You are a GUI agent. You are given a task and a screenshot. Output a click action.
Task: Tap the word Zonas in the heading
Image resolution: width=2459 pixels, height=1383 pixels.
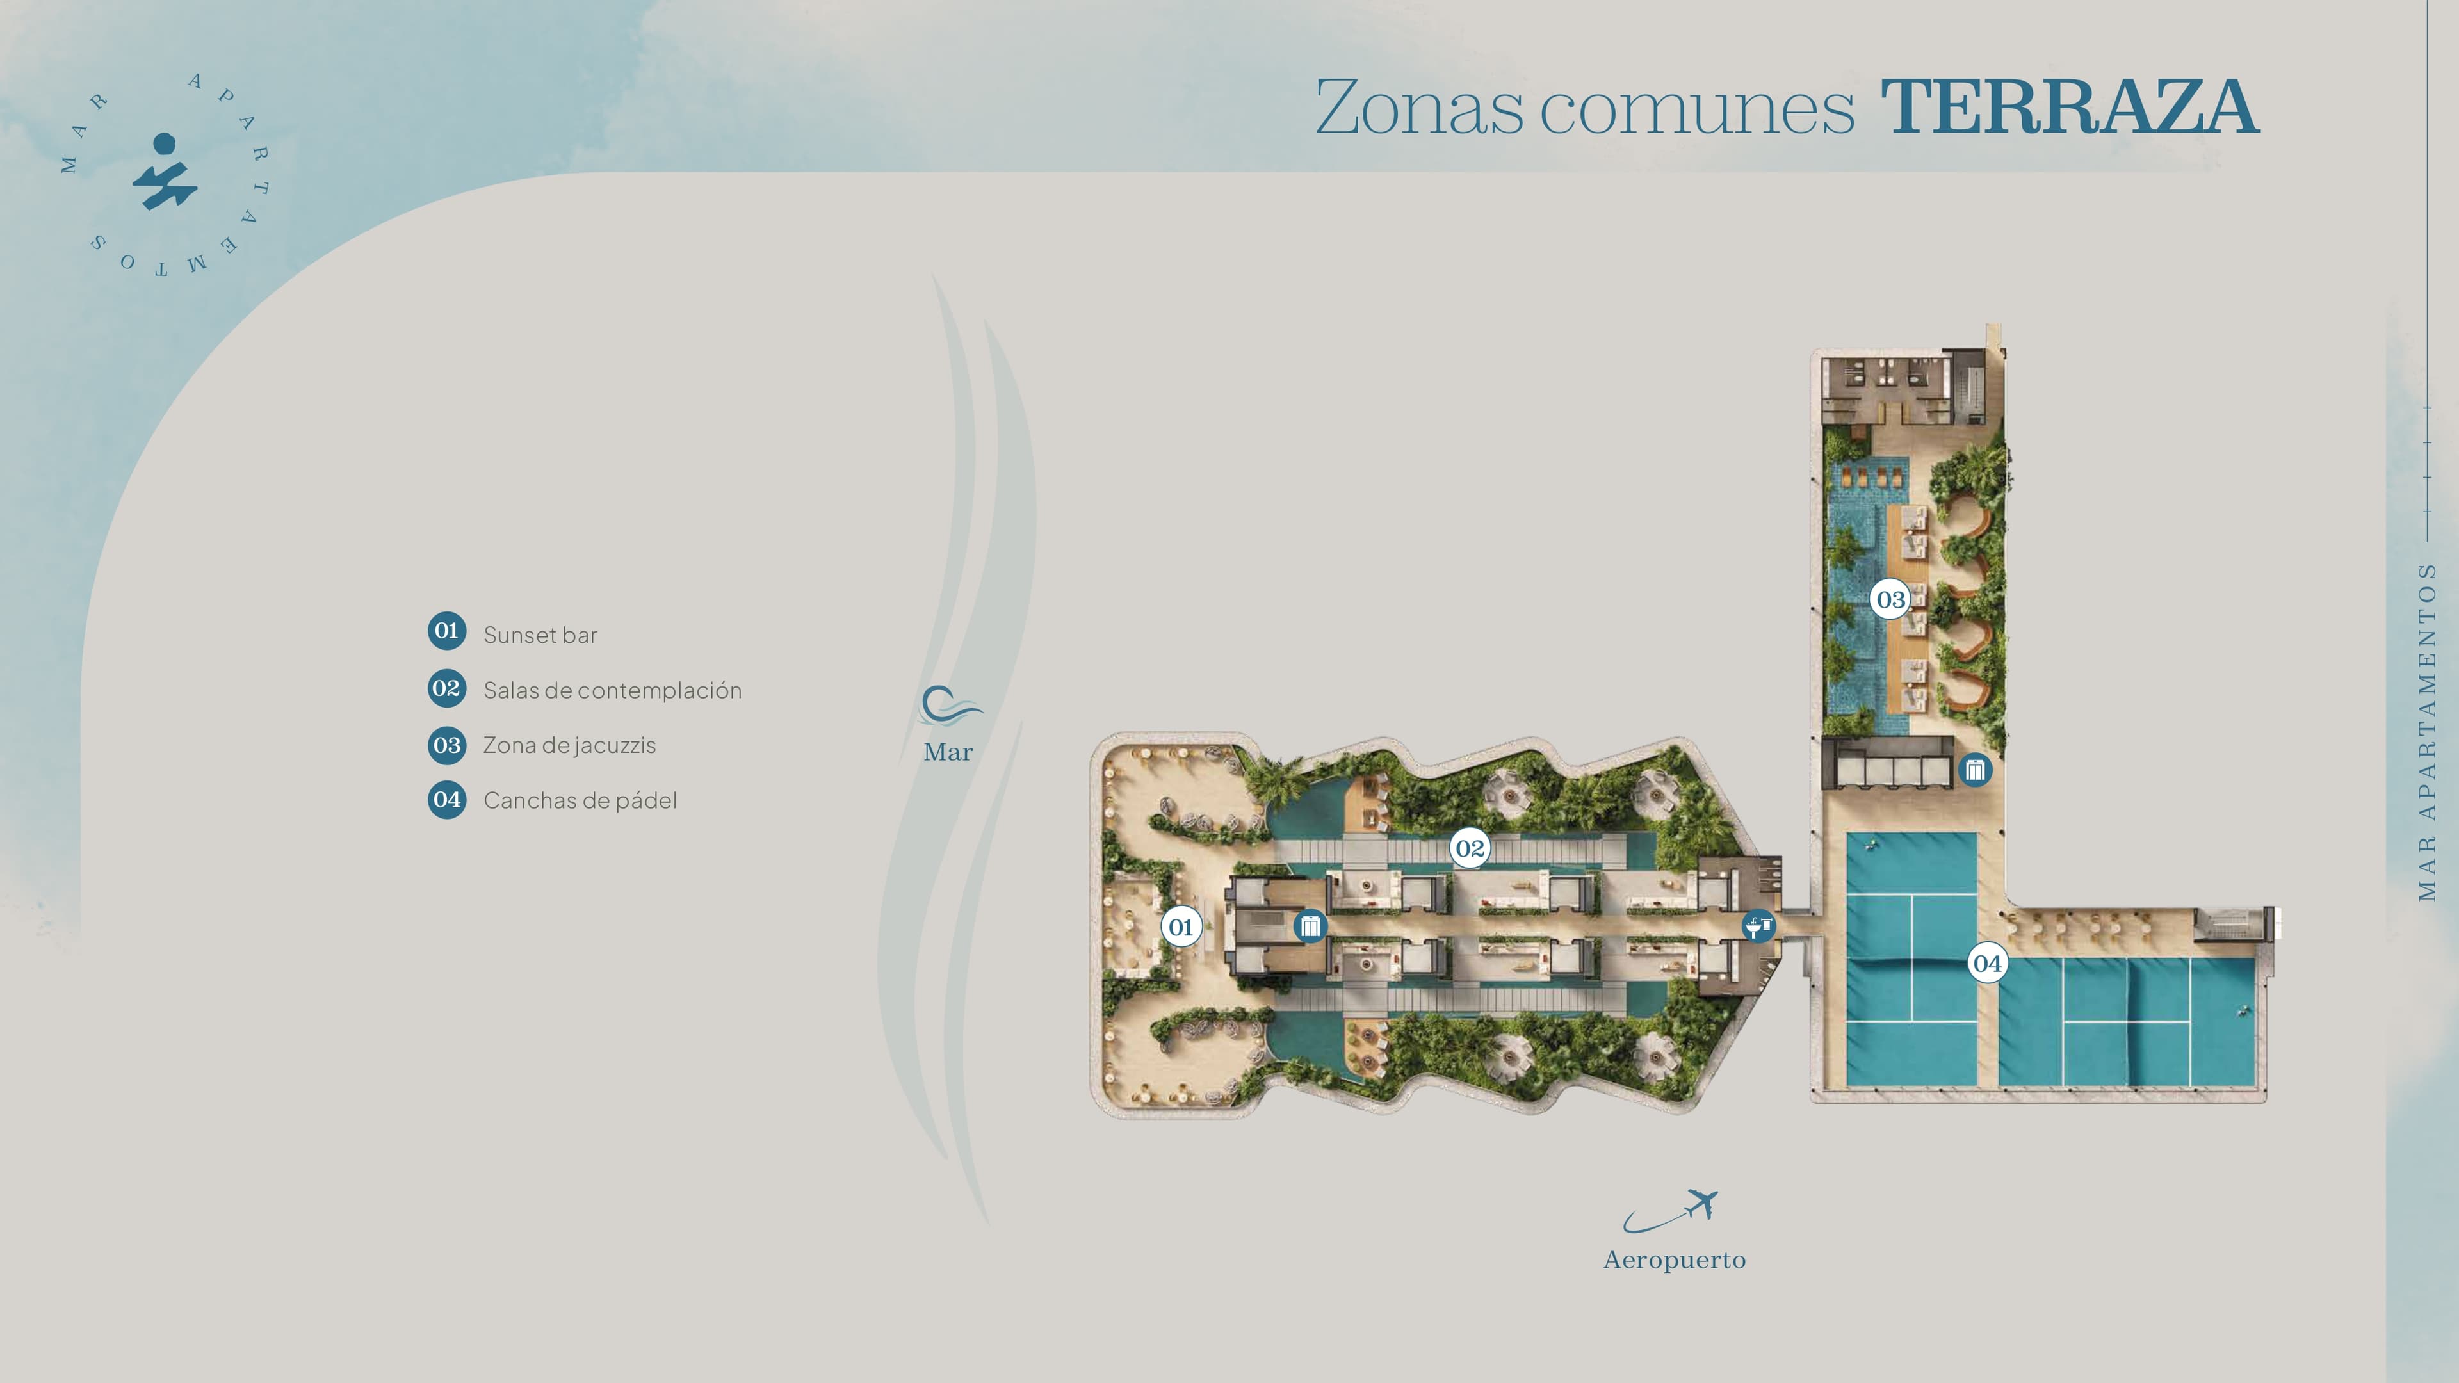coord(1420,107)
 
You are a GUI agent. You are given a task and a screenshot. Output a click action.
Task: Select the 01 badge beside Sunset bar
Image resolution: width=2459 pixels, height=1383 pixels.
coord(447,631)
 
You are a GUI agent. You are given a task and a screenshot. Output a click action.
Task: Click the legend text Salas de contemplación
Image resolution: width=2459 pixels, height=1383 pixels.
coord(612,690)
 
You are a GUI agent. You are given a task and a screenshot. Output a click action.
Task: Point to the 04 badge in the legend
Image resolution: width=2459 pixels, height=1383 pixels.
coord(447,800)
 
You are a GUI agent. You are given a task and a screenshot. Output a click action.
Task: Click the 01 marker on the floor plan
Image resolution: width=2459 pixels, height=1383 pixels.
coord(1181,926)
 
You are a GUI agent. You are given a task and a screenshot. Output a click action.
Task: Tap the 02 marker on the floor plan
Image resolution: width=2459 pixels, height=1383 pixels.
coord(1470,848)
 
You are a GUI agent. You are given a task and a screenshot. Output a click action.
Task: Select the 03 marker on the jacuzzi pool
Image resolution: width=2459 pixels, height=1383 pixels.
coord(1890,599)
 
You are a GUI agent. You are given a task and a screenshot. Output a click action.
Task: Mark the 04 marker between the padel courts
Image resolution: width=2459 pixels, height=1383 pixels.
coord(1988,963)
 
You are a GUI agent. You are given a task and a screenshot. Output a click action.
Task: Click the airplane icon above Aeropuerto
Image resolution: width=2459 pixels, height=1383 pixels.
coord(1671,1210)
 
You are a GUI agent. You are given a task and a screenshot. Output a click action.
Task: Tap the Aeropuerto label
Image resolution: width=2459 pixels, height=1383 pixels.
coord(1675,1260)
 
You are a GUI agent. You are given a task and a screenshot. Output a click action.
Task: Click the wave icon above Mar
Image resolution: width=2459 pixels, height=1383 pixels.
coord(950,706)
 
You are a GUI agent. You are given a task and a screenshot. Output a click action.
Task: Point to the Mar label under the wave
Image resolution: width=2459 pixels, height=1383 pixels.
coord(948,752)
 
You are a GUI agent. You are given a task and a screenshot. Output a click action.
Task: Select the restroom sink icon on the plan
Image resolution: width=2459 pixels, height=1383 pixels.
coord(1758,926)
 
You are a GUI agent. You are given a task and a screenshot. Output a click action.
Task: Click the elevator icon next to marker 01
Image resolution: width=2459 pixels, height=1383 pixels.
coord(1310,926)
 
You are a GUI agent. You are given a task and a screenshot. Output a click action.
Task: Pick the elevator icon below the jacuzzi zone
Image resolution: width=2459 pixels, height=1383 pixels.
coord(1975,769)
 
